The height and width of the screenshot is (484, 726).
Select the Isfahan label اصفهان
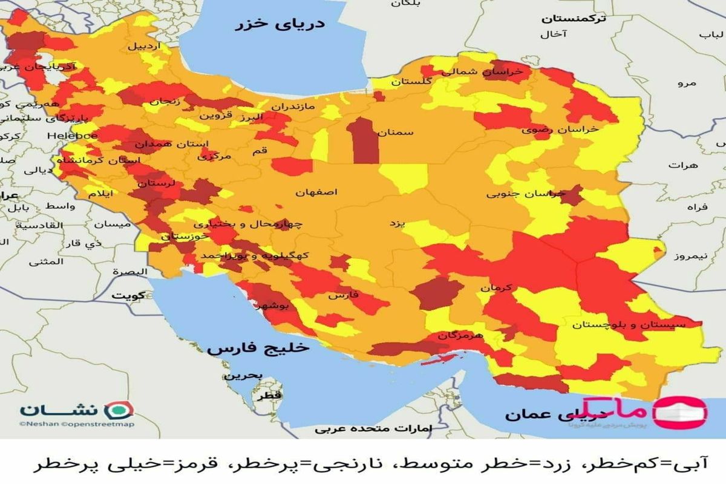click(316, 192)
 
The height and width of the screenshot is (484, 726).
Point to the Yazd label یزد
click(396, 223)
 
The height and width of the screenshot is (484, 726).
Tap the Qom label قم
click(259, 152)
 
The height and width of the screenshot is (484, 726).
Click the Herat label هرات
click(684, 165)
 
